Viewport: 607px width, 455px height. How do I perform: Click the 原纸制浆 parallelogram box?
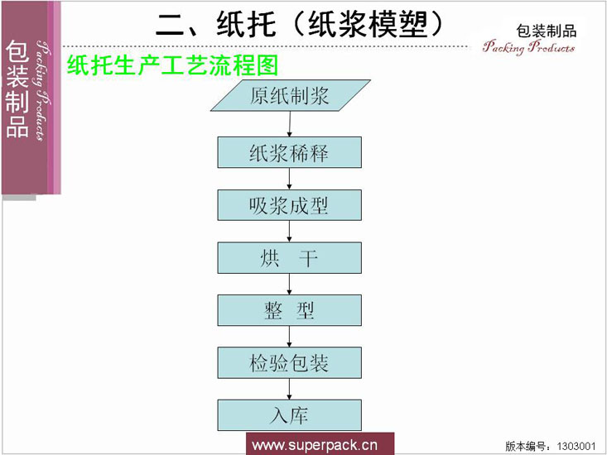click(x=289, y=96)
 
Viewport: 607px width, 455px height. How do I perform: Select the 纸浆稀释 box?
click(x=289, y=152)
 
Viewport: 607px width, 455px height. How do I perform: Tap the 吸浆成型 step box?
click(x=289, y=204)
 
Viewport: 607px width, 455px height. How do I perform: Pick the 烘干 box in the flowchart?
click(x=289, y=257)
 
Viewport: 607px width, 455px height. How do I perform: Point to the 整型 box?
click(x=289, y=309)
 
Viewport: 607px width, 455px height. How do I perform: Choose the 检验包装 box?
click(x=289, y=362)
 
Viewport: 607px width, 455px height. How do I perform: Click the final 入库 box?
click(x=289, y=414)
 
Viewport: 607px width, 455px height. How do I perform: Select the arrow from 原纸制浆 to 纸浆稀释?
click(x=289, y=124)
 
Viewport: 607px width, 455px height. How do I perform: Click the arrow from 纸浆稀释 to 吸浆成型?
click(x=289, y=179)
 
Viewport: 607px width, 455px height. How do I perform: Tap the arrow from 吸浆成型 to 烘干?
click(x=289, y=231)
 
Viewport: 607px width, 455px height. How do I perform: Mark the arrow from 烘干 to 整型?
click(x=289, y=284)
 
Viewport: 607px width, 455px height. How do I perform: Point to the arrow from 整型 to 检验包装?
click(x=289, y=336)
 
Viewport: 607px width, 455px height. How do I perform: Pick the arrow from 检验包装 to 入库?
click(x=289, y=389)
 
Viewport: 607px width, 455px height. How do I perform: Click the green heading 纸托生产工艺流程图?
click(x=171, y=65)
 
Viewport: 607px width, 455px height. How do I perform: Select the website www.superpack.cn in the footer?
click(x=314, y=445)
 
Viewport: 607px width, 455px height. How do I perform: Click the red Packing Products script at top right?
click(x=528, y=47)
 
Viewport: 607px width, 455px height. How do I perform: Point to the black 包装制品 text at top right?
click(x=546, y=31)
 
